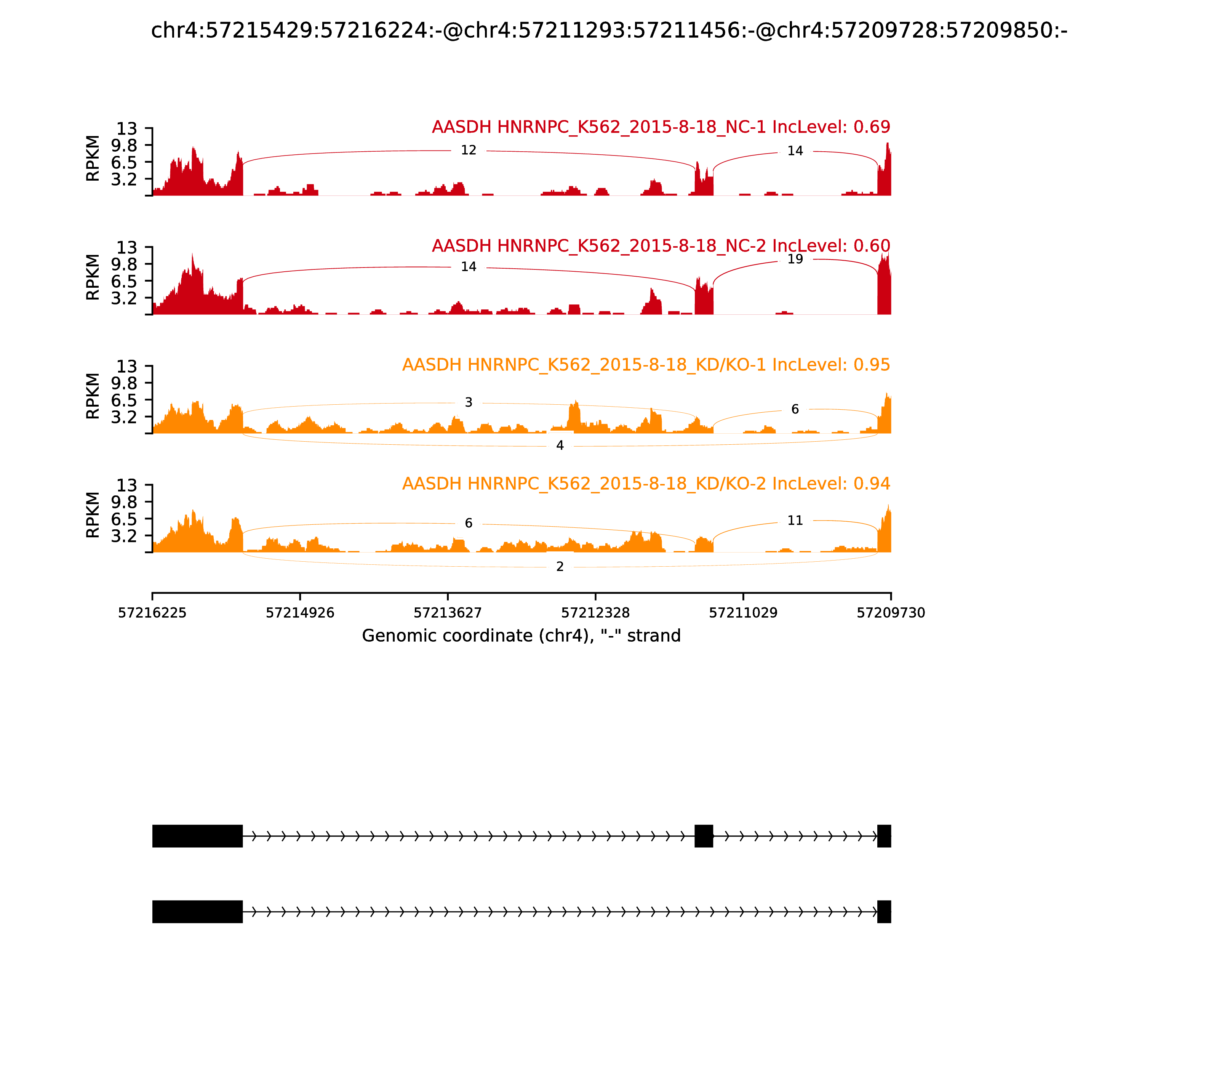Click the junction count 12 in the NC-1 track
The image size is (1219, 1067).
[x=469, y=150]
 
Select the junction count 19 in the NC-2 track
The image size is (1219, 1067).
[x=795, y=259]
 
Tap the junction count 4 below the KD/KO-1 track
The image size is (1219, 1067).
[x=560, y=445]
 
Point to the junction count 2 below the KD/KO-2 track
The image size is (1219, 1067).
[x=560, y=566]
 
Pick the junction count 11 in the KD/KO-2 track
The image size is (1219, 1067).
[x=795, y=521]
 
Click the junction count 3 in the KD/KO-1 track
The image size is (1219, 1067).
[x=469, y=402]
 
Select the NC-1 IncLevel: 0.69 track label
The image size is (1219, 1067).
[x=661, y=127]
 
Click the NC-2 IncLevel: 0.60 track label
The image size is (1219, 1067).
[x=661, y=245]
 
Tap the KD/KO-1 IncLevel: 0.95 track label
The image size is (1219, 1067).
[x=646, y=364]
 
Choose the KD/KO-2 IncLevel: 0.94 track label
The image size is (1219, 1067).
[x=646, y=484]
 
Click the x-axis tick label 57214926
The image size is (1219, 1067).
[x=300, y=613]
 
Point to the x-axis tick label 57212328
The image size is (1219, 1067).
[x=595, y=613]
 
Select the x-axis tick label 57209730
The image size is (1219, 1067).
[x=891, y=613]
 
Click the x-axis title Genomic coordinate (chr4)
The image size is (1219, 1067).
[x=521, y=636]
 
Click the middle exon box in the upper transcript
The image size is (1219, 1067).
[x=704, y=836]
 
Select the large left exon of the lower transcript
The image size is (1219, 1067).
[x=197, y=912]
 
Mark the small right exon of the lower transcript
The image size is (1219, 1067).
[x=884, y=912]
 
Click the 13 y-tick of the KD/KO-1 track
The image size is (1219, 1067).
[x=126, y=366]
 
